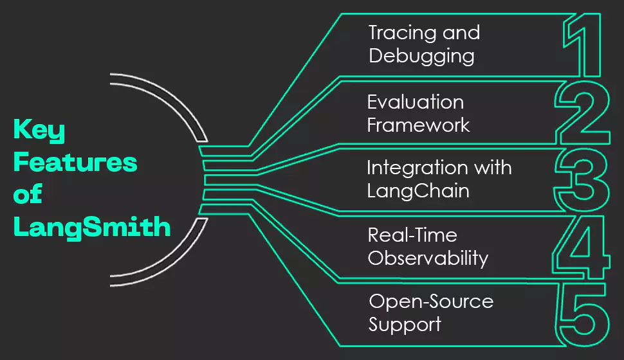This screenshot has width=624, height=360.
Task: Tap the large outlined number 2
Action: (x=583, y=113)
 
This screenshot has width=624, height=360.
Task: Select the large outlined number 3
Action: (x=583, y=181)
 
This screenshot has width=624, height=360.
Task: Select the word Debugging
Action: (x=421, y=57)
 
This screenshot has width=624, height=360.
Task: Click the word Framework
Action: (x=418, y=124)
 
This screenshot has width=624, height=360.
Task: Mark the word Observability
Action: (x=428, y=258)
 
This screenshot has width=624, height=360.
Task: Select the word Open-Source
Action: (x=431, y=301)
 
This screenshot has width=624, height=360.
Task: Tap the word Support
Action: (x=405, y=324)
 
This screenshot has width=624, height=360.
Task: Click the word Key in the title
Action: (x=39, y=132)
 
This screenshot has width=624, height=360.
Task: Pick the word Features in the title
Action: (x=75, y=163)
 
